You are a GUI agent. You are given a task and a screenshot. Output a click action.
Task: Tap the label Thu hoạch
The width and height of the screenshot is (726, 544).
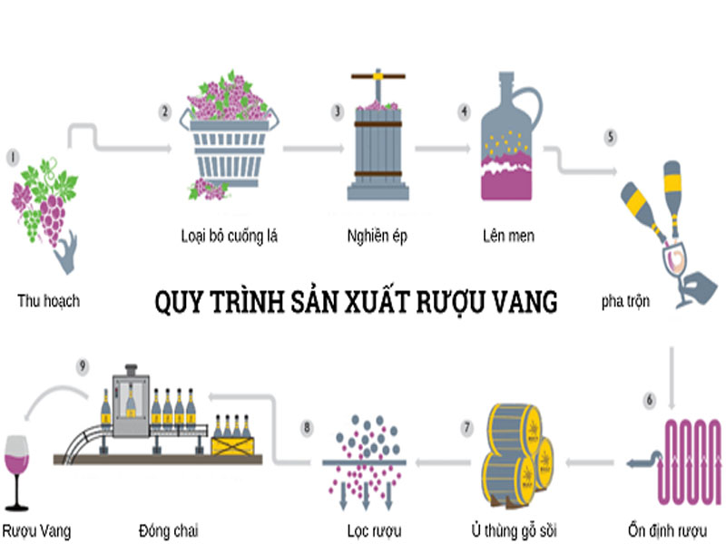(48, 300)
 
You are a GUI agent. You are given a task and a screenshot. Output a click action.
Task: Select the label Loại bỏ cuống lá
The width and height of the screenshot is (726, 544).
(229, 238)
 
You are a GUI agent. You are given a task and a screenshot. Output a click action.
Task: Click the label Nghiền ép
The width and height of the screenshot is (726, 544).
(377, 238)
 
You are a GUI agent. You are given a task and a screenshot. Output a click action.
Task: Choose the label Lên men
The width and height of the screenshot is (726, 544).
(508, 238)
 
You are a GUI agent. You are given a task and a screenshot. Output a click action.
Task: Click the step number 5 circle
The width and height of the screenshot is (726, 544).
(611, 137)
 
